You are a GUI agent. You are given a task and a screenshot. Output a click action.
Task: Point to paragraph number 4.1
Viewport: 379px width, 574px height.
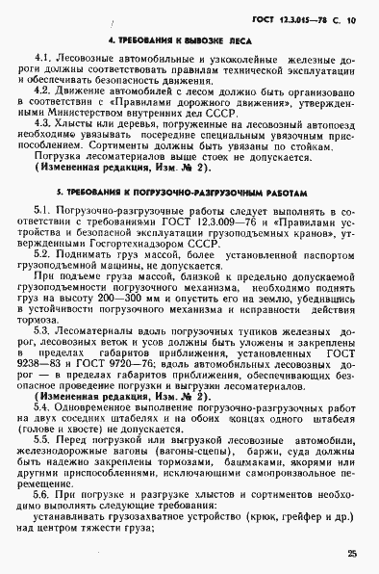pos(41,60)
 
